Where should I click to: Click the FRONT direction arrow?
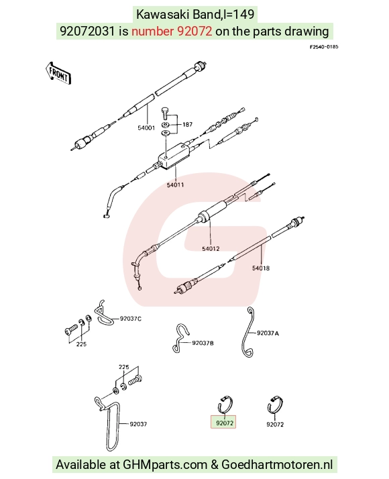coord(58,73)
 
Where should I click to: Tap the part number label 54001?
coord(146,127)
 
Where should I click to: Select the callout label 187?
coord(188,124)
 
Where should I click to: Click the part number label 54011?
coord(175,184)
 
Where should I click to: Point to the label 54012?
coord(211,249)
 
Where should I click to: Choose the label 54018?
coord(261,268)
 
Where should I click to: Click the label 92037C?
coord(131,319)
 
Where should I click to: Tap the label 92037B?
coord(203,343)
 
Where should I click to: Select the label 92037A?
coord(268,333)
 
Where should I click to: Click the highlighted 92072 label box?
coord(223,422)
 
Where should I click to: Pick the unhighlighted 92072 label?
coord(275,424)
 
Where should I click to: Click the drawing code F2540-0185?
coord(324,47)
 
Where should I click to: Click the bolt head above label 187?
coord(165,110)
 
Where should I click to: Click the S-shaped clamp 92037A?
coord(249,333)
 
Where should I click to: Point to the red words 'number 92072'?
coord(172,31)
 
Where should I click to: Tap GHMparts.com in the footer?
coord(165,465)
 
